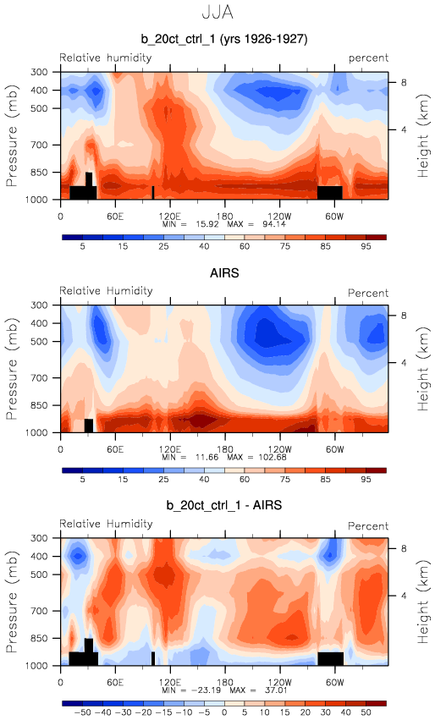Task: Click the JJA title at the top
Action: coord(217,12)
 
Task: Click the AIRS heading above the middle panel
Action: coord(224,273)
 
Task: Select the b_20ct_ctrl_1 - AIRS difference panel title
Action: coord(224,506)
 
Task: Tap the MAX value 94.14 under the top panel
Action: coord(275,224)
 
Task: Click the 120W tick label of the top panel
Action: coord(280,217)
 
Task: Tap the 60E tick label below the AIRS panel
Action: coord(115,449)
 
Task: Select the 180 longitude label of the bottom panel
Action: coord(224,682)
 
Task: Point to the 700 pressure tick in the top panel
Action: coord(39,146)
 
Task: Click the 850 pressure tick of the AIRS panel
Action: coord(39,405)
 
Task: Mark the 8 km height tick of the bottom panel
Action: coord(404,549)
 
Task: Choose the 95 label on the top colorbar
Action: coord(366,246)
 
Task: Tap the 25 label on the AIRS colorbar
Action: coord(163,480)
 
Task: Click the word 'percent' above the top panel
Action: coord(368,58)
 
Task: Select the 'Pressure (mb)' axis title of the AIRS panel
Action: coord(12,369)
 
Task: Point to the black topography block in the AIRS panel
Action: coord(89,426)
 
